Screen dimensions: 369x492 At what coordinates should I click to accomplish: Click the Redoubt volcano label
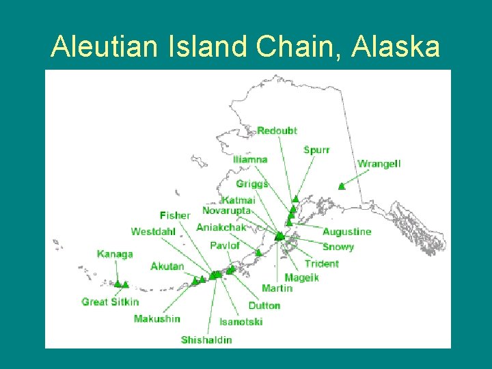(277, 131)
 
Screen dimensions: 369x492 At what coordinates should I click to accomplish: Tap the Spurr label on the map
(316, 150)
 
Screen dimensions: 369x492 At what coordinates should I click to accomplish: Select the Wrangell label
(379, 164)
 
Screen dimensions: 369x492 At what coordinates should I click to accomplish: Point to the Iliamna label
(250, 159)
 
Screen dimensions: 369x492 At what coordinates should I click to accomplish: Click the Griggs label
(252, 184)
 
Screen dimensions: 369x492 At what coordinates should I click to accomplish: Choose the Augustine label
(346, 232)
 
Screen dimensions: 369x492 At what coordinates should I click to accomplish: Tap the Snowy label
(338, 247)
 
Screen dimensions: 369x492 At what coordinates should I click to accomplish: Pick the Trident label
(321, 264)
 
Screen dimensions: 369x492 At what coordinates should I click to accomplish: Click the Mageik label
(301, 277)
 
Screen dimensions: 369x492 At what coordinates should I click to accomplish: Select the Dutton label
(264, 305)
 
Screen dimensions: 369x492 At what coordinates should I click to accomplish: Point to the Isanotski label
(241, 322)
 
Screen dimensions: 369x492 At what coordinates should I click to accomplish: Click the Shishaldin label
(206, 340)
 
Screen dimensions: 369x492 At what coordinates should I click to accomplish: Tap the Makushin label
(157, 318)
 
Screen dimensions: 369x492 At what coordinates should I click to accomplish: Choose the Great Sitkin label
(110, 301)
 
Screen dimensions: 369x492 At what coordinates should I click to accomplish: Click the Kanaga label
(115, 254)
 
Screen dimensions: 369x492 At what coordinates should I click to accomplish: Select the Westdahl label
(153, 232)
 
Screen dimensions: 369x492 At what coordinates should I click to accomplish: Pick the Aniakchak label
(221, 227)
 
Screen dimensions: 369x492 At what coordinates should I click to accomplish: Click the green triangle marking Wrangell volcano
(341, 186)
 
